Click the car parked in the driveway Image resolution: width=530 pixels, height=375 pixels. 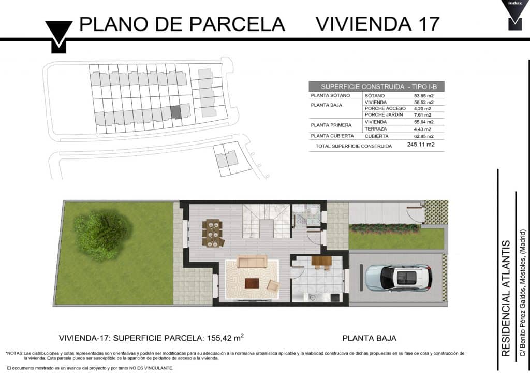pyautogui.click(x=399, y=278)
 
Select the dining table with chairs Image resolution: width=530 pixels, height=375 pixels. pyautogui.click(x=213, y=233)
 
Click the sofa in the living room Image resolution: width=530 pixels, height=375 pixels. pyautogui.click(x=252, y=262)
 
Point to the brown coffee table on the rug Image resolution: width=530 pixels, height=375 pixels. pyautogui.click(x=252, y=283)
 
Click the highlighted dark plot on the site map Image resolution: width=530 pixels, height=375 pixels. pyautogui.click(x=176, y=112)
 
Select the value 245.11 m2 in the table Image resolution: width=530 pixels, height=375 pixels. pyautogui.click(x=421, y=145)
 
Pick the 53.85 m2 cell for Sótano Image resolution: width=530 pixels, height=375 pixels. pyautogui.click(x=423, y=96)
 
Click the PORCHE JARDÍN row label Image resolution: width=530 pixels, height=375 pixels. pyautogui.click(x=384, y=114)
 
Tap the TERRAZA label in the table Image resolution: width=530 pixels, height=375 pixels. pyautogui.click(x=376, y=129)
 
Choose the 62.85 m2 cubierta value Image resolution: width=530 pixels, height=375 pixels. pyautogui.click(x=423, y=136)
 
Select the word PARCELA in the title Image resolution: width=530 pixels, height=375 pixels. pyautogui.click(x=237, y=24)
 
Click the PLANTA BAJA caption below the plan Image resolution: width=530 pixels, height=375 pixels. pyautogui.click(x=369, y=338)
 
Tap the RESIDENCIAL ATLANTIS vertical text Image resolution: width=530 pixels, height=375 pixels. pyautogui.click(x=505, y=298)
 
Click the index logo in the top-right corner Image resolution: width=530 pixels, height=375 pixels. pyautogui.click(x=514, y=15)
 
